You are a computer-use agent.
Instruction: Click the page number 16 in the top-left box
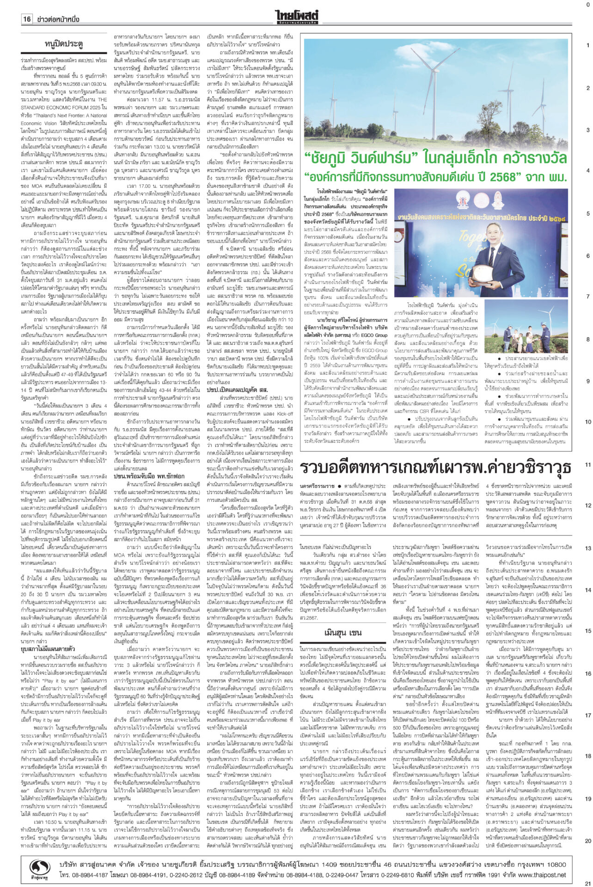[x=27, y=19]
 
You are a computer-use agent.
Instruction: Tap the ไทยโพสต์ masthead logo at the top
[x=296, y=16]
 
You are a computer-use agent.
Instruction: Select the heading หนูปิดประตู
[x=64, y=44]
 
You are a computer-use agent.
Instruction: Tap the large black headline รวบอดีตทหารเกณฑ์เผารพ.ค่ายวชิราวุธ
[x=434, y=468]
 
